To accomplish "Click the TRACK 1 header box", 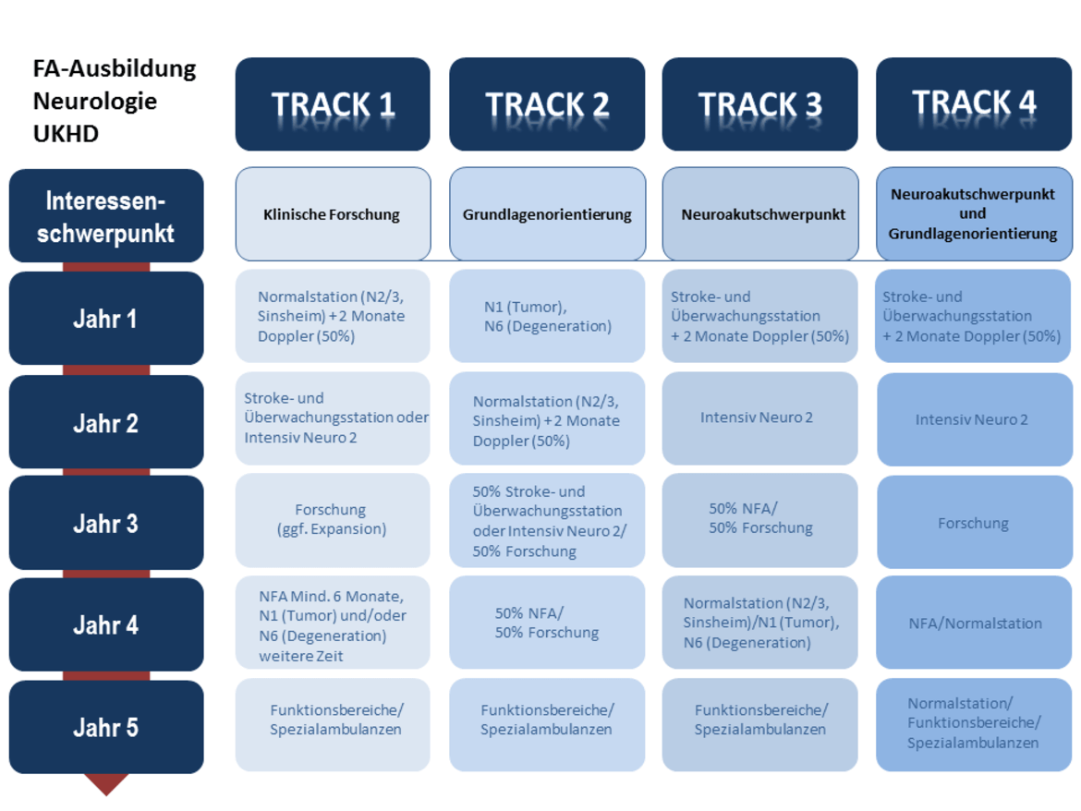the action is (333, 104).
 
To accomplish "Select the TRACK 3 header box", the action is (759, 104).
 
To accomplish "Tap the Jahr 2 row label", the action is (106, 422).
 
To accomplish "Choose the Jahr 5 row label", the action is (106, 727).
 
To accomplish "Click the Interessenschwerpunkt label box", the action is (106, 215).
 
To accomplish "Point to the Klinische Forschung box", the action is (333, 213).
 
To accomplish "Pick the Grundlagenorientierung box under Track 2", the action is (547, 213).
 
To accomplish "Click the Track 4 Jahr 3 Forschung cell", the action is (974, 522).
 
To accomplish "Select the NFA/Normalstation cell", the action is (974, 623).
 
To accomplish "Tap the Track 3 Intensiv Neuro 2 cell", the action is (759, 418).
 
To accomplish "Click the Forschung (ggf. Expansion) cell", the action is (333, 519).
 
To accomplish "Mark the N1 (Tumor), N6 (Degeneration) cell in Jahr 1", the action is (547, 316).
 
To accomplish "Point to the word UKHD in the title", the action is (67, 133).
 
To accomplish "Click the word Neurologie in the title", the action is (95, 102).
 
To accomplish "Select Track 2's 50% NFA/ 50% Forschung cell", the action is (547, 623).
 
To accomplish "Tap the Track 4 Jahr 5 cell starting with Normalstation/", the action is (974, 724).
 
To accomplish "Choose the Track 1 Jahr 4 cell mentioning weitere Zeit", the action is (333, 623).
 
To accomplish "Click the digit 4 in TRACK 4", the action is (1027, 103).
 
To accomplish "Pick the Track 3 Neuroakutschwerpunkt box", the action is (760, 213).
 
